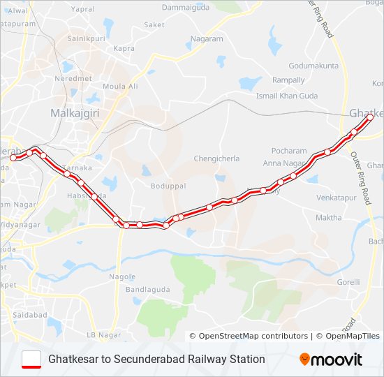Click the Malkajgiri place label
tap(73, 112)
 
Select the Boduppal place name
tap(166, 186)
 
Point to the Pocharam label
tap(289, 151)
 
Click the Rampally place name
tap(288, 80)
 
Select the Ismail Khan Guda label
tap(287, 95)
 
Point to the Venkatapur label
tap(335, 198)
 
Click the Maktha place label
tap(329, 218)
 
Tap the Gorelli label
tap(348, 282)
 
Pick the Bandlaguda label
tap(144, 289)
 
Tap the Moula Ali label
tap(120, 86)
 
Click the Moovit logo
tap(331, 360)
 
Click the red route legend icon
tap(32, 359)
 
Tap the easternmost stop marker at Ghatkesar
tap(370, 117)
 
